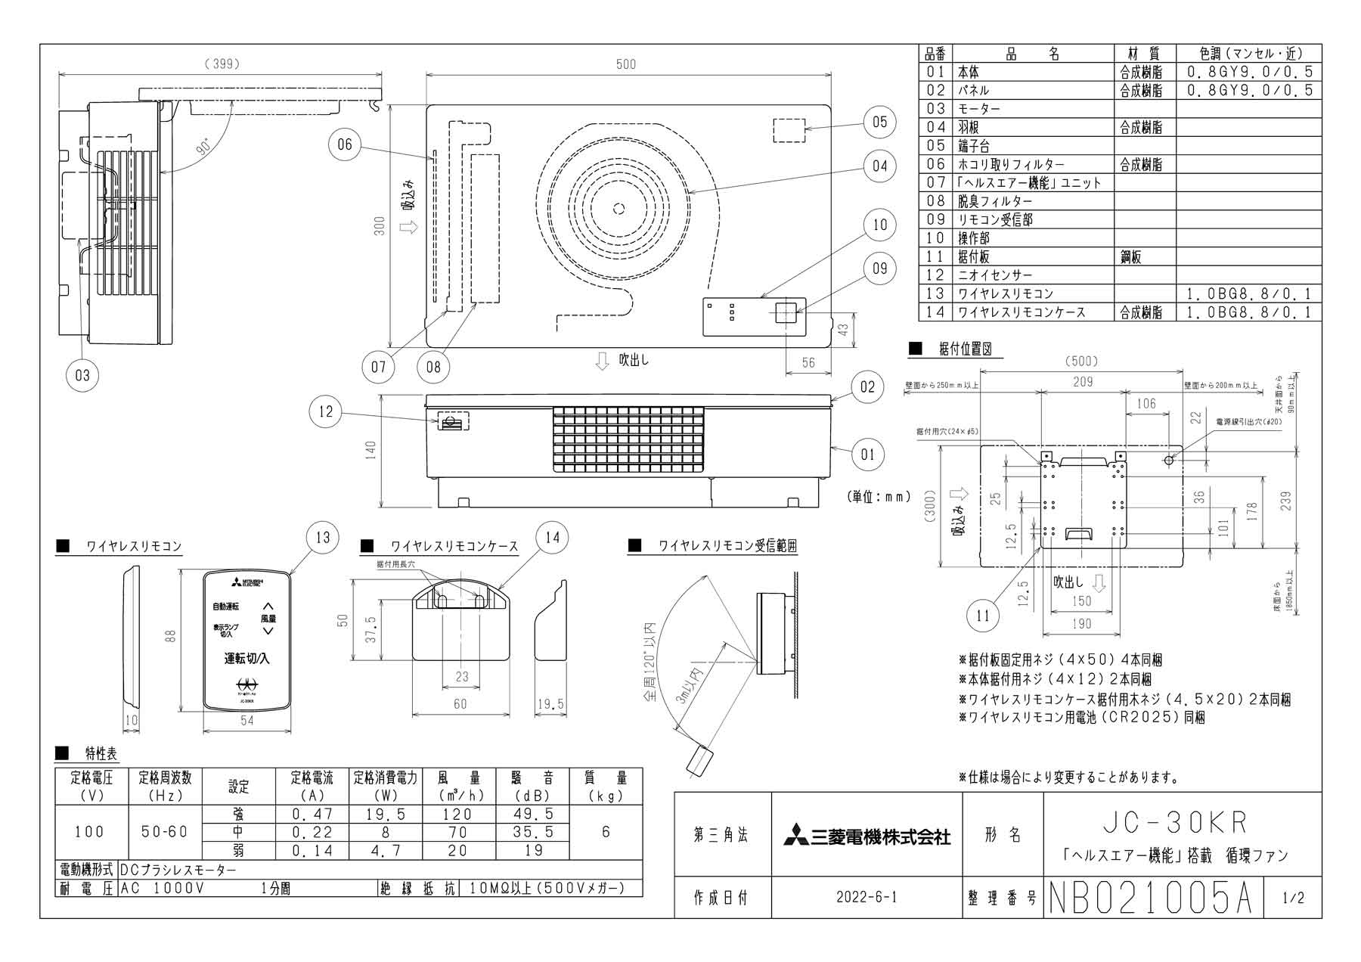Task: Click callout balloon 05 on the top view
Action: click(x=879, y=123)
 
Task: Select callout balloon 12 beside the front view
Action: click(x=326, y=411)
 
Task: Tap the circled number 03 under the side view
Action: click(x=82, y=374)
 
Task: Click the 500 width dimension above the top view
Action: click(x=626, y=64)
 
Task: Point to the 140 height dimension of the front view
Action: click(x=370, y=450)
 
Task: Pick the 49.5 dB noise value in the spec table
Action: click(x=533, y=814)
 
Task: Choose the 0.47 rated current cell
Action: click(x=312, y=814)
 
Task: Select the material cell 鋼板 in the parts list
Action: click(x=1131, y=257)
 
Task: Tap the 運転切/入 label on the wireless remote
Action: click(x=246, y=658)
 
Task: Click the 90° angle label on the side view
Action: click(x=204, y=149)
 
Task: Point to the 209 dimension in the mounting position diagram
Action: click(x=1083, y=382)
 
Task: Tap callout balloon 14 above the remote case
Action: click(x=552, y=537)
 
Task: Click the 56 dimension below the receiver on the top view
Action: click(x=808, y=363)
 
